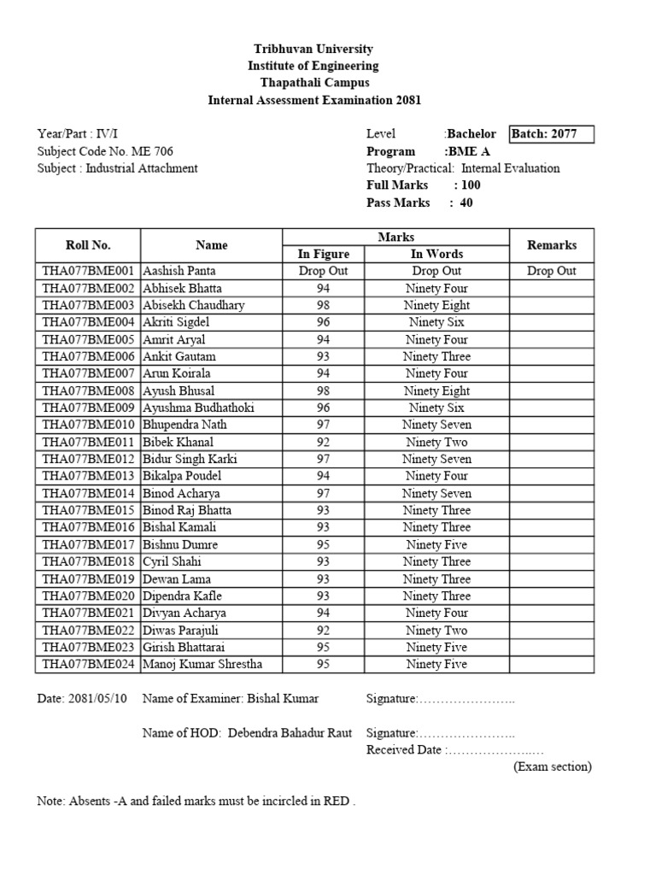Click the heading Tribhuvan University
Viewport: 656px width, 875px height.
pyautogui.click(x=314, y=50)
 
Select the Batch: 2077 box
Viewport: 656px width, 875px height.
pyautogui.click(x=550, y=134)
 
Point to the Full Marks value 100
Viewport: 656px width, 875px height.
pyautogui.click(x=470, y=185)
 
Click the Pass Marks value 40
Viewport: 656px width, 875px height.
pyautogui.click(x=466, y=203)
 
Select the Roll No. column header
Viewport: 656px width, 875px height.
pyautogui.click(x=88, y=245)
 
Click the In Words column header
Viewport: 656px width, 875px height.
pyautogui.click(x=436, y=254)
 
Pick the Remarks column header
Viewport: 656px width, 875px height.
pyautogui.click(x=552, y=245)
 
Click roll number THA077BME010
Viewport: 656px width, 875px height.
pyautogui.click(x=88, y=425)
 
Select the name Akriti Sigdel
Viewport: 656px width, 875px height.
pyautogui.click(x=176, y=322)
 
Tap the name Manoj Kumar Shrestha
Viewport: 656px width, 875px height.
pyautogui.click(x=202, y=664)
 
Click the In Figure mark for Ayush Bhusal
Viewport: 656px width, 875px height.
pyautogui.click(x=323, y=391)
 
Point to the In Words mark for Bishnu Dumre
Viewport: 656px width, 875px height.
pyautogui.click(x=436, y=544)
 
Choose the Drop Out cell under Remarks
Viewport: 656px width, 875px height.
pyautogui.click(x=552, y=271)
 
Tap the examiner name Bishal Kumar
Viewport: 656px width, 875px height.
pyautogui.click(x=283, y=699)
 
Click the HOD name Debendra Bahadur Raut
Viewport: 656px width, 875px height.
pyautogui.click(x=290, y=733)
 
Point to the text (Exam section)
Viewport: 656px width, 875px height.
pyautogui.click(x=552, y=766)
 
